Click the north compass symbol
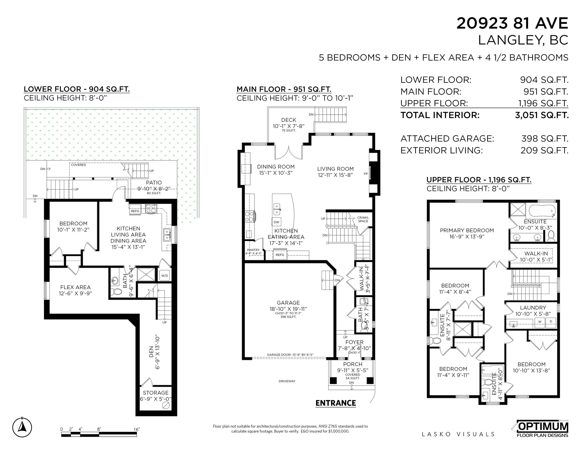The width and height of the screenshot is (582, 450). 22,427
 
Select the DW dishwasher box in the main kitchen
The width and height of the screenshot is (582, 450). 277,222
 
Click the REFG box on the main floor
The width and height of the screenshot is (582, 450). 280,255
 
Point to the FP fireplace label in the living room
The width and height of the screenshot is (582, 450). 366,174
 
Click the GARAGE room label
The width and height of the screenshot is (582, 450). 288,303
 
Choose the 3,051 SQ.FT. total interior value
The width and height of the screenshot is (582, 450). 542,115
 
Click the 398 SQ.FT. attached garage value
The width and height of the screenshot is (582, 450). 545,139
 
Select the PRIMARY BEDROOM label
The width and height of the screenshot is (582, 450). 467,230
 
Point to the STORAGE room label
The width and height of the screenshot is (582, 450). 156,393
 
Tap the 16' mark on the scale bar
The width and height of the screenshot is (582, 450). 136,429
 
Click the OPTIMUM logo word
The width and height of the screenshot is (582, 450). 543,427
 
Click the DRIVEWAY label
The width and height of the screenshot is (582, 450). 287,381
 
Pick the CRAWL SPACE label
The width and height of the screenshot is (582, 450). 363,219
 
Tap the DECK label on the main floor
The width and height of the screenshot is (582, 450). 289,120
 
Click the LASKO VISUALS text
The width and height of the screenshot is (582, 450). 458,434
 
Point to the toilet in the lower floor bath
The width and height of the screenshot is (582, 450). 116,292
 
